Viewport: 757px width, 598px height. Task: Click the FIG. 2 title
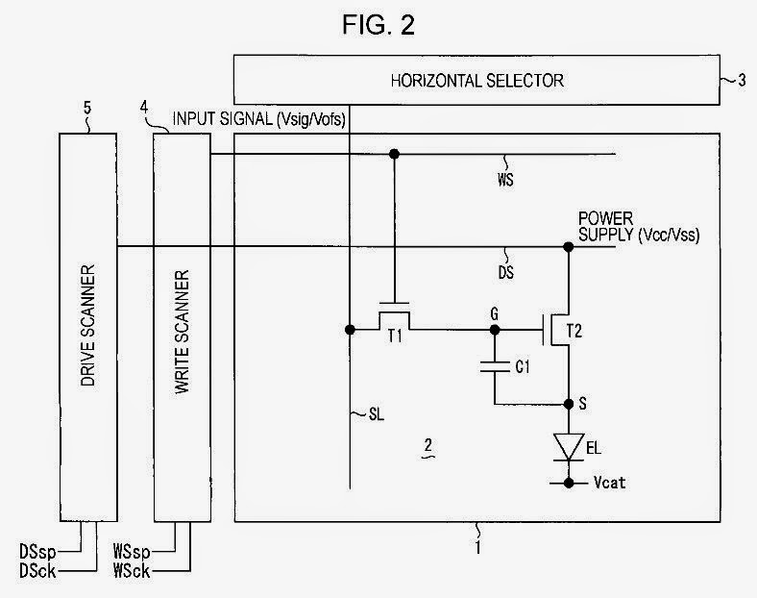click(x=378, y=26)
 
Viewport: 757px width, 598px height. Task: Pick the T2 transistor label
click(x=574, y=331)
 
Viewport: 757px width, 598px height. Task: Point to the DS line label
click(x=507, y=272)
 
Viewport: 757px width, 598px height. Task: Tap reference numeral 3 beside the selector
click(x=741, y=80)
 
